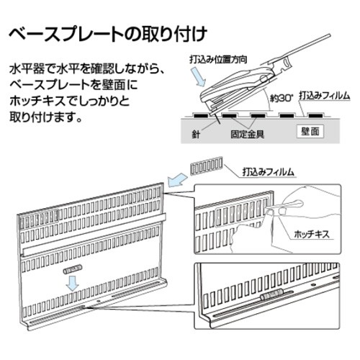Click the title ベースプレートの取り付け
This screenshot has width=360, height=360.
(108, 34)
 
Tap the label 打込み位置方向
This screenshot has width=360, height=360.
(218, 59)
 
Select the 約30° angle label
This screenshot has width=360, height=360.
(282, 98)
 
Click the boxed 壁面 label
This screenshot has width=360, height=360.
(310, 132)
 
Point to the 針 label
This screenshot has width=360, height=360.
(196, 134)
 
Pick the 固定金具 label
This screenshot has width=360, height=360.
(247, 134)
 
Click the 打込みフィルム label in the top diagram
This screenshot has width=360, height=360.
(324, 96)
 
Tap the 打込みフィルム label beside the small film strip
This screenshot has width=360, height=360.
(268, 172)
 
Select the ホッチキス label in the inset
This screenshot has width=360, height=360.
(312, 234)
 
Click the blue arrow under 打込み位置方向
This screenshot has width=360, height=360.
(199, 76)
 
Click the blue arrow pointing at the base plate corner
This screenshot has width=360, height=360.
(177, 180)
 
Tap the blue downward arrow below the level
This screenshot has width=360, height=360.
(72, 283)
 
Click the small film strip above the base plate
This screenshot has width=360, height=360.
(207, 166)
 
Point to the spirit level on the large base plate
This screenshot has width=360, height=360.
(73, 269)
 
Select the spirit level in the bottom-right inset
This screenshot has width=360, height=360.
(271, 296)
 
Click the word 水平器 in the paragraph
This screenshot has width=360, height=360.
(27, 70)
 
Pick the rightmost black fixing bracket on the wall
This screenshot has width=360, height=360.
(315, 116)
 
